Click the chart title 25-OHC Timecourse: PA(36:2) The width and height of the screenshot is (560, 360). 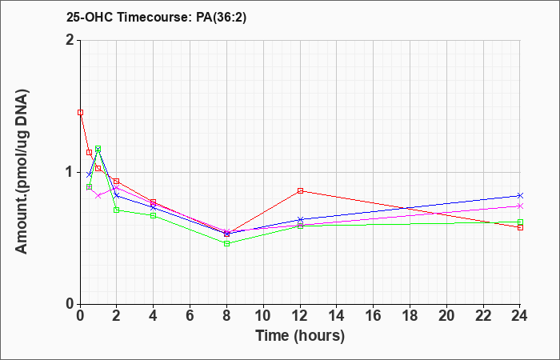point(156,17)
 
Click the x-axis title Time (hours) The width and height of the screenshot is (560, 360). point(300,336)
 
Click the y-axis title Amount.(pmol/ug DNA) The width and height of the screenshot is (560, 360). point(22,172)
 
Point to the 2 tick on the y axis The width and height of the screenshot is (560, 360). point(71,40)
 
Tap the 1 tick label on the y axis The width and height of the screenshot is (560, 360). point(71,173)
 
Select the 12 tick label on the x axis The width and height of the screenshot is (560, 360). point(300,316)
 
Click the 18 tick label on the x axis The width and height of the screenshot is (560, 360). point(410,316)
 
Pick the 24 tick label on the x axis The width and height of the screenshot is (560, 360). point(520,316)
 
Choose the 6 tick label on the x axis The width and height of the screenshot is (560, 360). point(190,316)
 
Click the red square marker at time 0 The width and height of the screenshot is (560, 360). point(80,113)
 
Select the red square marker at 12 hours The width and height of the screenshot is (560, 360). point(300,190)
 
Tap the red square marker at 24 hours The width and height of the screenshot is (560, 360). point(520,227)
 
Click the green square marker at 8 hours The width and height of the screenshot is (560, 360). point(226,243)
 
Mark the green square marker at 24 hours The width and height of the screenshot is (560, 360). point(520,222)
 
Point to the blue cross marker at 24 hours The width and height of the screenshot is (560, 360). point(520,196)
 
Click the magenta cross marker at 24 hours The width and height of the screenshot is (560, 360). point(520,206)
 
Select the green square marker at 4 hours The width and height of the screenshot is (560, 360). point(154,215)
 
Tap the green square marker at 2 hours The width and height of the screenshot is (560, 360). point(117,210)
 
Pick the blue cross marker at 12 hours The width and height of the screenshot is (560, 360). point(300,219)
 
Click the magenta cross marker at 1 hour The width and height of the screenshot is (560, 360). point(98,196)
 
